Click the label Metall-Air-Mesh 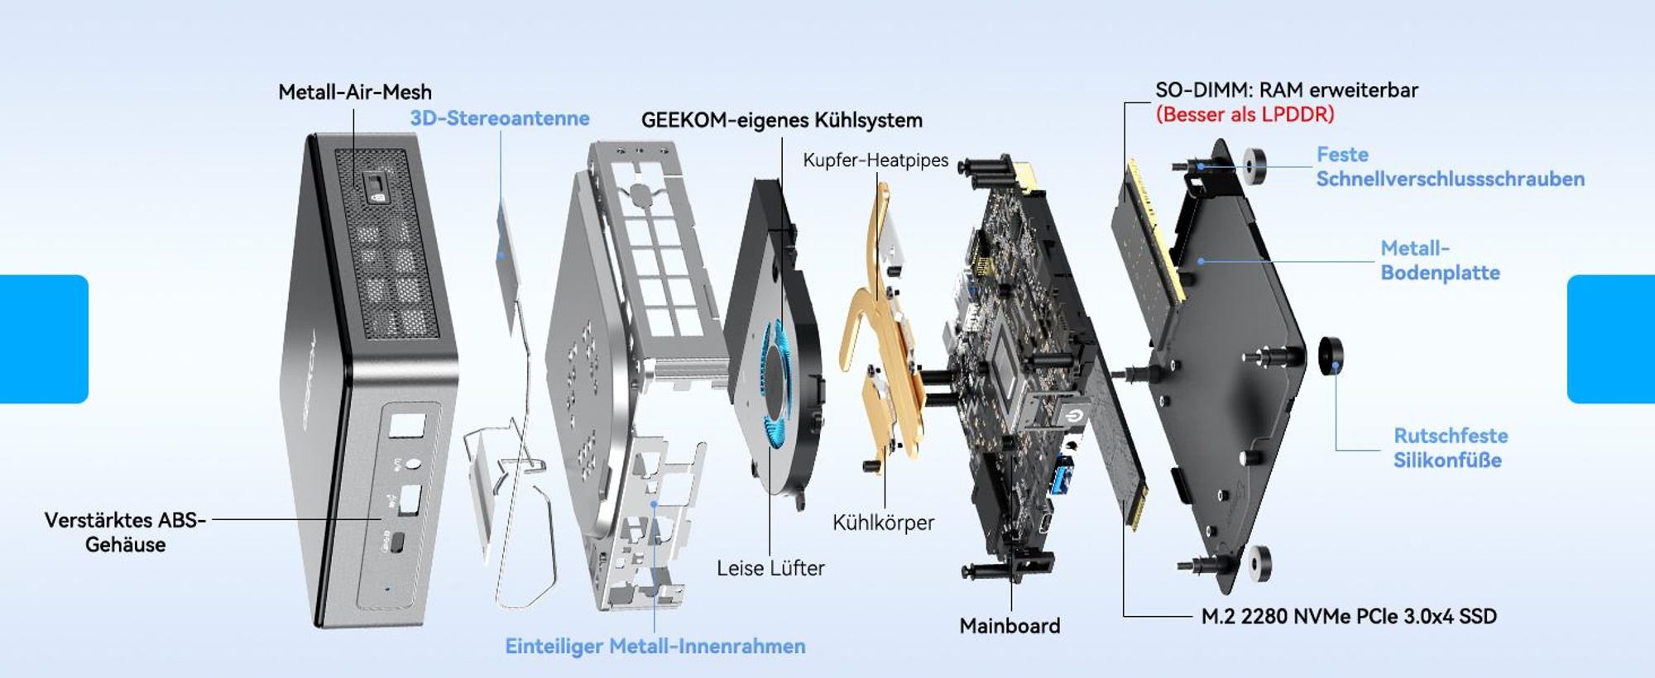click(x=355, y=92)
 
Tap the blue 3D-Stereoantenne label click(x=500, y=118)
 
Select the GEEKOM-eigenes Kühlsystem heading click(x=782, y=120)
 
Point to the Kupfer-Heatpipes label click(x=875, y=160)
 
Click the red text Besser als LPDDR click(x=1245, y=114)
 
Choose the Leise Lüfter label click(x=770, y=568)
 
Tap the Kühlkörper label click(x=883, y=523)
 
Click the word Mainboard click(x=1010, y=626)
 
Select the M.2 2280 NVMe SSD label click(x=1349, y=617)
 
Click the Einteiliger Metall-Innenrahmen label click(x=655, y=647)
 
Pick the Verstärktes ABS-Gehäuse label click(x=125, y=532)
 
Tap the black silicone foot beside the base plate click(x=1331, y=356)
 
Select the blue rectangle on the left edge click(x=44, y=339)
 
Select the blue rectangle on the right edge click(x=1611, y=339)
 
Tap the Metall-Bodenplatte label click(x=1440, y=260)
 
